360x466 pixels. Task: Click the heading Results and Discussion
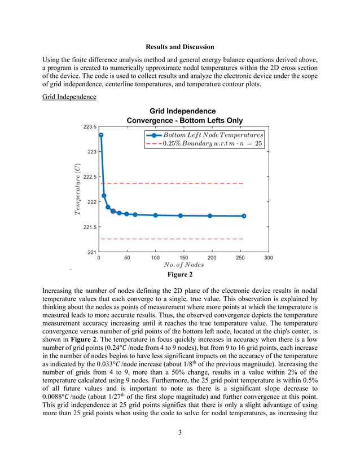(x=179, y=47)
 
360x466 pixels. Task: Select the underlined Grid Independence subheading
(x=69, y=97)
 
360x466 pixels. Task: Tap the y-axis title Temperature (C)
(x=77, y=189)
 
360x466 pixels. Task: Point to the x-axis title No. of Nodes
(x=185, y=264)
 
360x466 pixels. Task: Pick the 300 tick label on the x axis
(x=269, y=257)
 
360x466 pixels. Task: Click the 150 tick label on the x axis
(x=184, y=257)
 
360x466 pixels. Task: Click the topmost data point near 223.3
(x=101, y=135)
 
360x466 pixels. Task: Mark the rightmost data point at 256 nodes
(x=244, y=216)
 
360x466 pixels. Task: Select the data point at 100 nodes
(x=156, y=215)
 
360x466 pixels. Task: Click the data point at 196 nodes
(x=210, y=216)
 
